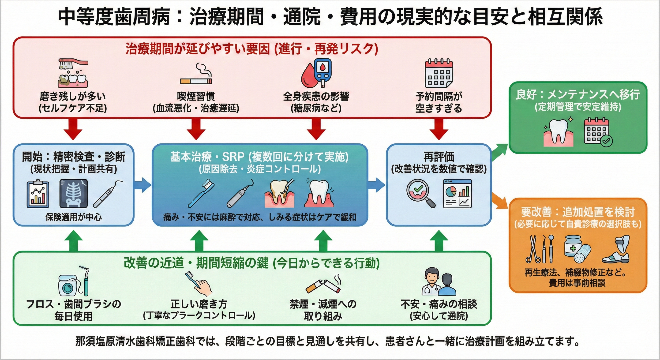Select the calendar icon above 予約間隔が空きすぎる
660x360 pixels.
coord(439,74)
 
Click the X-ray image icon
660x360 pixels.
coord(74,193)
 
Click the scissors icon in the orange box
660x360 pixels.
coord(532,249)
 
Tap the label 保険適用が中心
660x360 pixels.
coord(74,217)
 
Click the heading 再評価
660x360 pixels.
coord(439,157)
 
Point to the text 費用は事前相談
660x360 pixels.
coord(577,283)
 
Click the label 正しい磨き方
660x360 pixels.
coord(199,304)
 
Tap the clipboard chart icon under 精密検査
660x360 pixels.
coord(38,193)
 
